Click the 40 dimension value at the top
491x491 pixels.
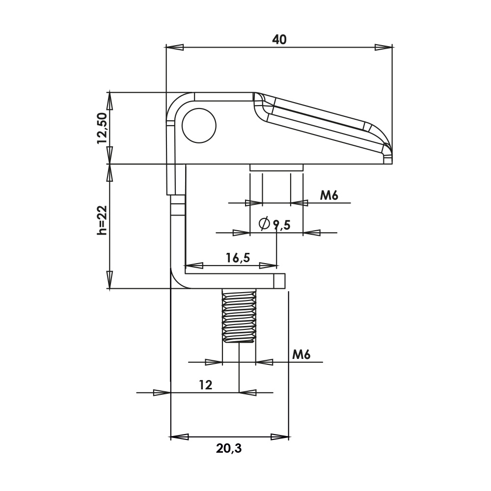coord(279,40)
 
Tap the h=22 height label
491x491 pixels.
coord(102,220)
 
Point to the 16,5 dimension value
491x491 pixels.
coord(238,257)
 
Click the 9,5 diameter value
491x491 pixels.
coord(282,225)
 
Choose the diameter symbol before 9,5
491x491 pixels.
coord(264,224)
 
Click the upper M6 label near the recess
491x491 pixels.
coord(329,195)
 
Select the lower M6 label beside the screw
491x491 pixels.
coord(301,355)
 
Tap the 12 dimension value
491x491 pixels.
coord(205,385)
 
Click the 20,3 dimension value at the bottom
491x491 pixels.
coord(229,448)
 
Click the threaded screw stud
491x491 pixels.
coord(239,316)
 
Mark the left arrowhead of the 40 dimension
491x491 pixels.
coord(175,47)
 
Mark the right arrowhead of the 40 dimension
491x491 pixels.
coord(383,47)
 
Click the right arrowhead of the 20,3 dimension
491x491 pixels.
coord(280,436)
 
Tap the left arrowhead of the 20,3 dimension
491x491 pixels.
coord(179,436)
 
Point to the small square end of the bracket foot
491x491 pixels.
coord(279,281)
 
